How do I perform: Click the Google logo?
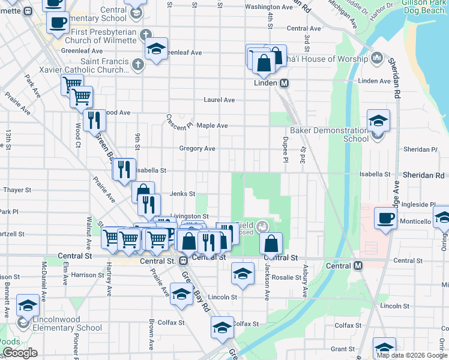(x=19, y=353)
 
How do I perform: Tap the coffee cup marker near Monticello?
(x=385, y=218)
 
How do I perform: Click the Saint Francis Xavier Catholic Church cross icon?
(x=138, y=64)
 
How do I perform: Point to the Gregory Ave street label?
(x=197, y=149)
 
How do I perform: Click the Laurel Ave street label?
(x=219, y=100)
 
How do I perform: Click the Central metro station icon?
(x=358, y=265)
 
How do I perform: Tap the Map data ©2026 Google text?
(x=412, y=355)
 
